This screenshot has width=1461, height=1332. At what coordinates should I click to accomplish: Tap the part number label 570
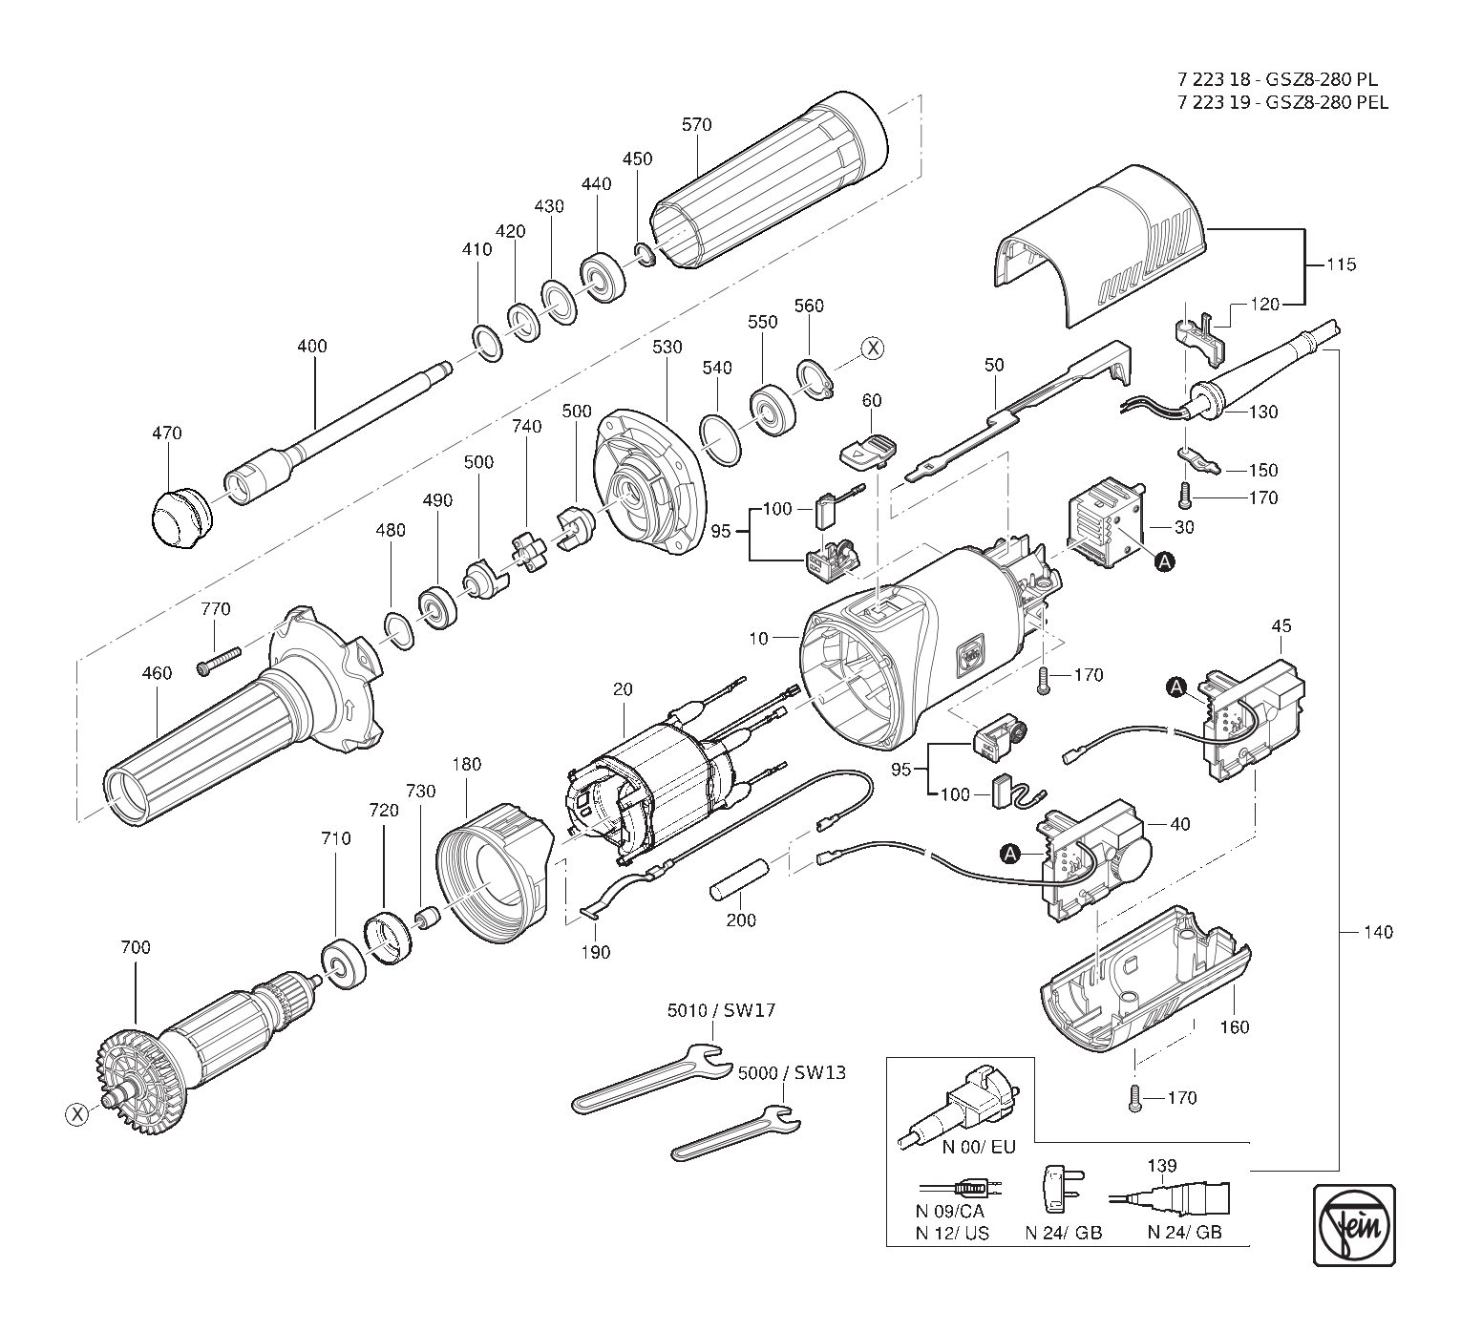(x=697, y=124)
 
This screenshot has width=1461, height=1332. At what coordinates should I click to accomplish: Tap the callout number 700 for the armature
(x=136, y=948)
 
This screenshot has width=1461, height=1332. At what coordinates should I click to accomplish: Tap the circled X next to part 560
(x=872, y=349)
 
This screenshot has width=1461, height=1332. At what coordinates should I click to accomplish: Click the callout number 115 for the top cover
(x=1341, y=264)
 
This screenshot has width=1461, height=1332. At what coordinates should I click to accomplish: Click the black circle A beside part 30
(x=1165, y=563)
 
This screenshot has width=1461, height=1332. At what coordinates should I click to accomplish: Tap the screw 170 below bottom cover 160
(x=1134, y=1097)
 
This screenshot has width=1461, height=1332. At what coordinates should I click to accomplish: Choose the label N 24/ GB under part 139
(x=1184, y=1233)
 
